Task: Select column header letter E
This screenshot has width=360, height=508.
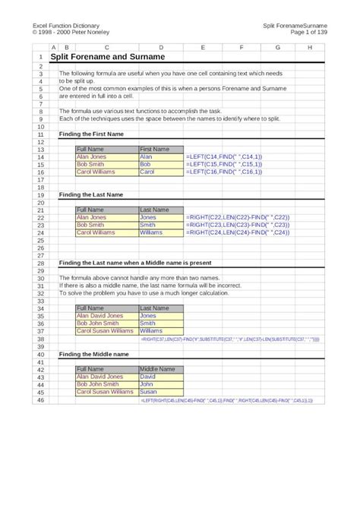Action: pyautogui.click(x=204, y=47)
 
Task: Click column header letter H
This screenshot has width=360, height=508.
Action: pyautogui.click(x=309, y=47)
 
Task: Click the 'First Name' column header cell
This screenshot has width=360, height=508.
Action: pyautogui.click(x=155, y=149)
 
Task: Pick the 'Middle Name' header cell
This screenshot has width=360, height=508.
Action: pyautogui.click(x=158, y=369)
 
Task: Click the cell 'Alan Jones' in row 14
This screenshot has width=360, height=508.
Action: pyautogui.click(x=91, y=156)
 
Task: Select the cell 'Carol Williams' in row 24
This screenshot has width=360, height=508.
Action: pyautogui.click(x=96, y=232)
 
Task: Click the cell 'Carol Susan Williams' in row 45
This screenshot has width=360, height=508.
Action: pyautogui.click(x=105, y=392)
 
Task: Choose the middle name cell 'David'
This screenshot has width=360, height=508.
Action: pyautogui.click(x=148, y=377)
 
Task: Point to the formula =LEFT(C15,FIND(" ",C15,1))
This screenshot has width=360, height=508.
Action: pyautogui.click(x=224, y=164)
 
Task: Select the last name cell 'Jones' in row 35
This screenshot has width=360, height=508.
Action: pyautogui.click(x=148, y=315)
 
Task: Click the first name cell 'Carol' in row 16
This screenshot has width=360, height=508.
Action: pyautogui.click(x=147, y=172)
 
